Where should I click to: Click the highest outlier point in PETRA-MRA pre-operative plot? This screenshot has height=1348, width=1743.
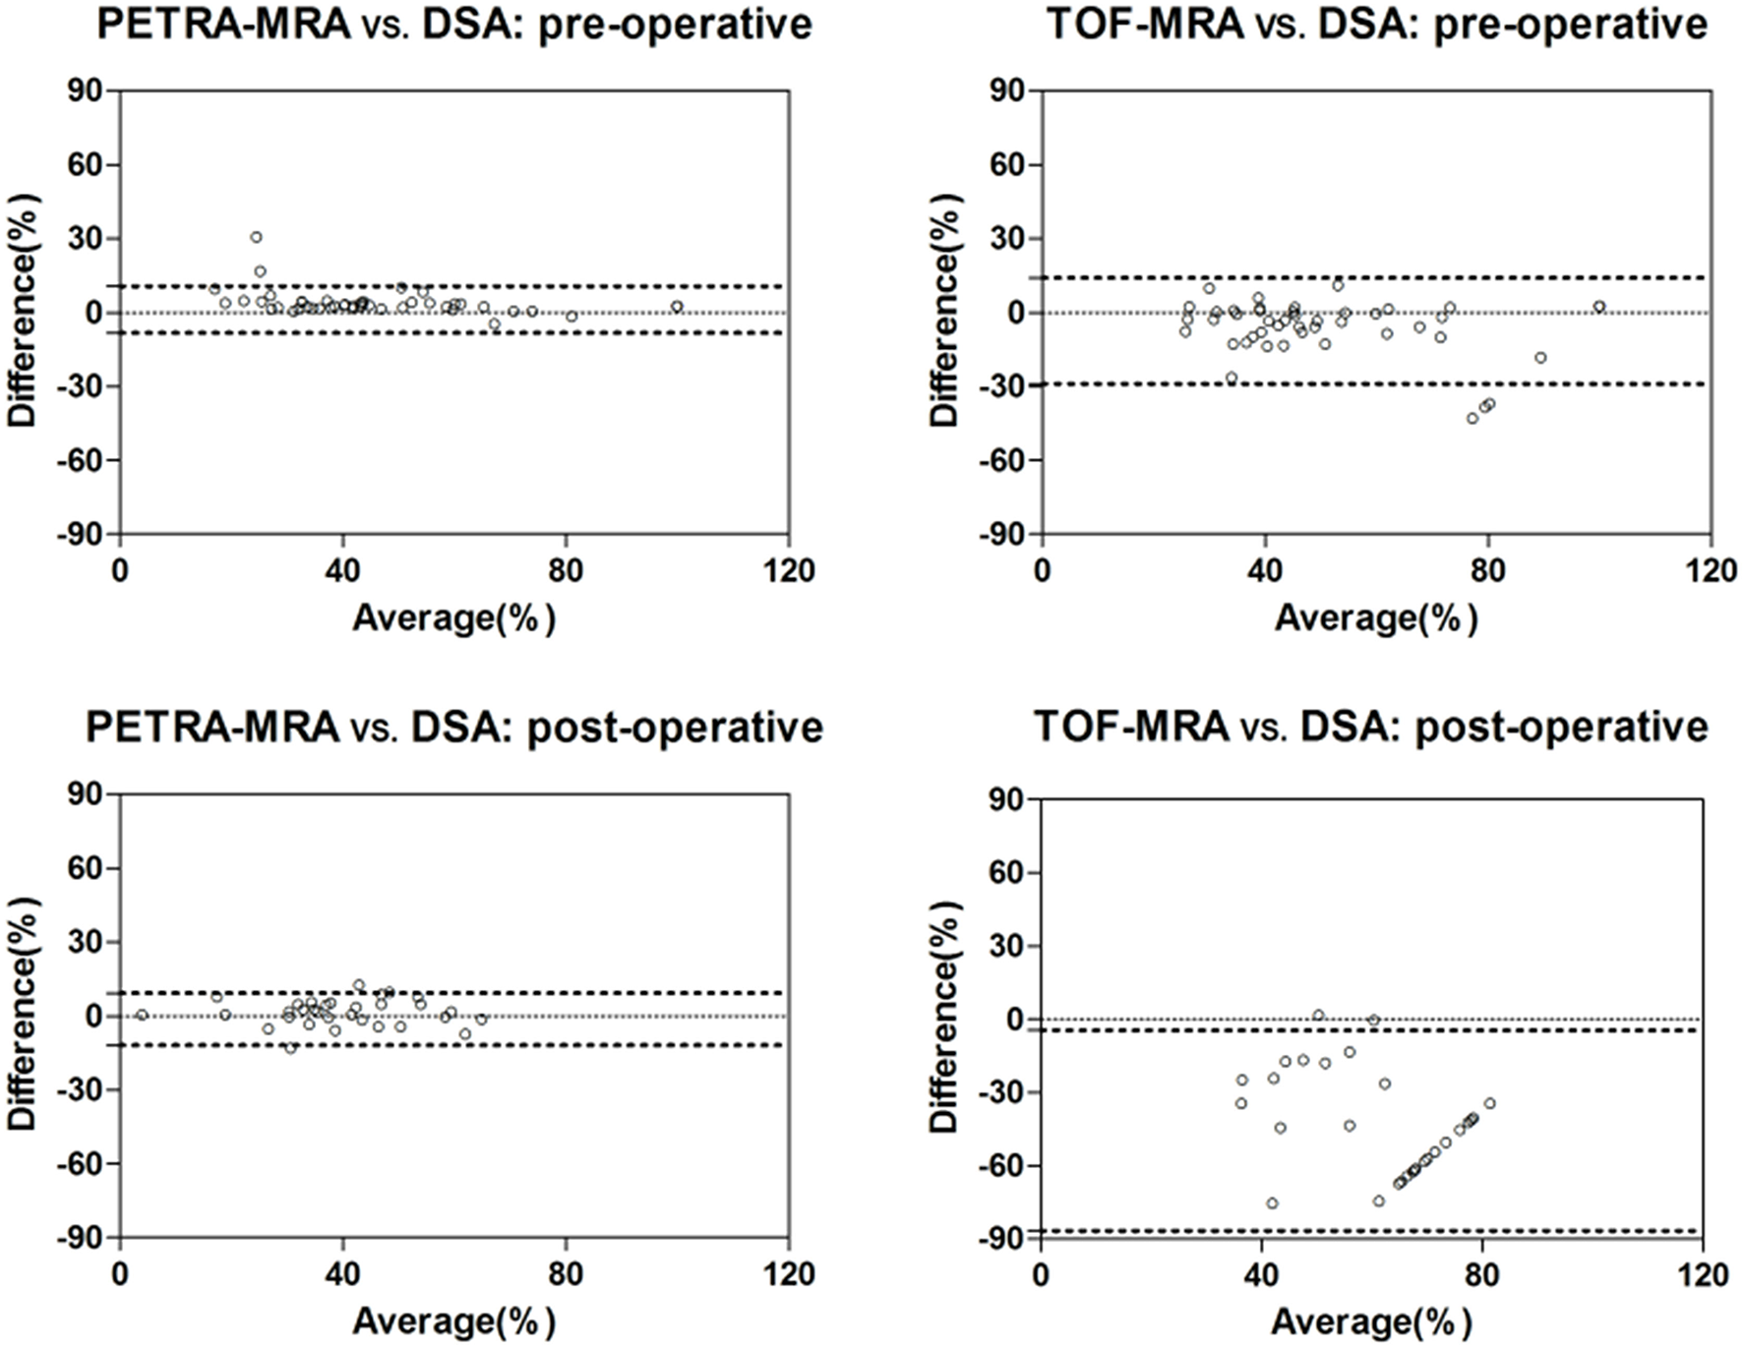point(256,237)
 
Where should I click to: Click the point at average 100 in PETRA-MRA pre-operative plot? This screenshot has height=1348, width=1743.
point(677,307)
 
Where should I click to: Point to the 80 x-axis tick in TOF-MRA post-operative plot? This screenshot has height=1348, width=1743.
point(1480,1275)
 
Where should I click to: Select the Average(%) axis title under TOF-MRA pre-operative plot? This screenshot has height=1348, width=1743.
point(1375,618)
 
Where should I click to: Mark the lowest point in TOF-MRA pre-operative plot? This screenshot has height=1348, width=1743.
point(1473,418)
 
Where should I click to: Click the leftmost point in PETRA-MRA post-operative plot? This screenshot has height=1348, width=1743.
point(142,1015)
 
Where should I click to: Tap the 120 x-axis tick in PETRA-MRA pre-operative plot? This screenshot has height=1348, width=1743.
point(789,571)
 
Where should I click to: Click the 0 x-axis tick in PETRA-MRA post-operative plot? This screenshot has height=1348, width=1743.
point(120,1275)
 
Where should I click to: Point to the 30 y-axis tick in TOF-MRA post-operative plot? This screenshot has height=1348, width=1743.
point(1004,947)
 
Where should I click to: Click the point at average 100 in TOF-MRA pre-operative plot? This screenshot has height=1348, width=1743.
point(1599,307)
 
